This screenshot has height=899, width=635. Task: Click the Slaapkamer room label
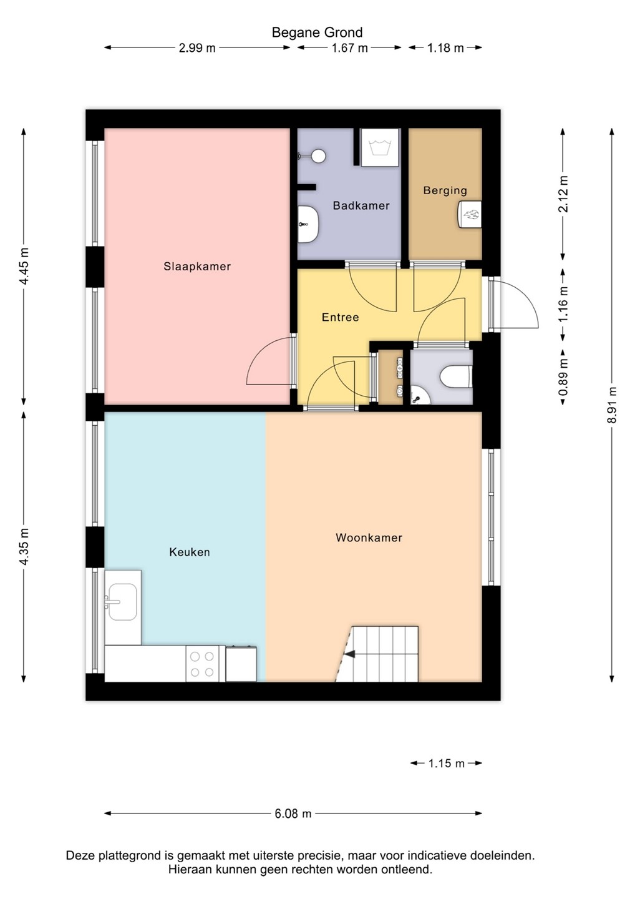[x=197, y=267]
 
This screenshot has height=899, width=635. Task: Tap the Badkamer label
[x=361, y=205]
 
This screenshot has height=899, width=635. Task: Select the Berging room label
[x=445, y=190]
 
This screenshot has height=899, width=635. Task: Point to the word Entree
[x=341, y=317]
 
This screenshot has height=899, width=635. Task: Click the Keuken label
[x=189, y=552]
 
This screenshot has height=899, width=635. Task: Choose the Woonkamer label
[x=369, y=538]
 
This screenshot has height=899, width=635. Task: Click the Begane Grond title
[x=317, y=32]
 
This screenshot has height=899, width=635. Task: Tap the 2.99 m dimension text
[x=197, y=48]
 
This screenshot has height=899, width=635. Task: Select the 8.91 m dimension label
[x=612, y=405]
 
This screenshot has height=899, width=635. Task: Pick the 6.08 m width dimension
[x=293, y=813]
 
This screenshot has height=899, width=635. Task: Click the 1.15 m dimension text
[x=446, y=764]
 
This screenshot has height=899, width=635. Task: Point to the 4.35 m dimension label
[x=24, y=547]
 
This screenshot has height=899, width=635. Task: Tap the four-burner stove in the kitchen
[x=202, y=664]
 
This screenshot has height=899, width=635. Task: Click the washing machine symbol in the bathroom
[x=380, y=147]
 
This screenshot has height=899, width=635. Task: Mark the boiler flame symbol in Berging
[x=470, y=214]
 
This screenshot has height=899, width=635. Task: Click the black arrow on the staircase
[x=349, y=654]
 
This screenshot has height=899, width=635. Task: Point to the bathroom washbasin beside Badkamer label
[x=308, y=224]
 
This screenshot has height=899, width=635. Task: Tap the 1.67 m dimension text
[x=349, y=48]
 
